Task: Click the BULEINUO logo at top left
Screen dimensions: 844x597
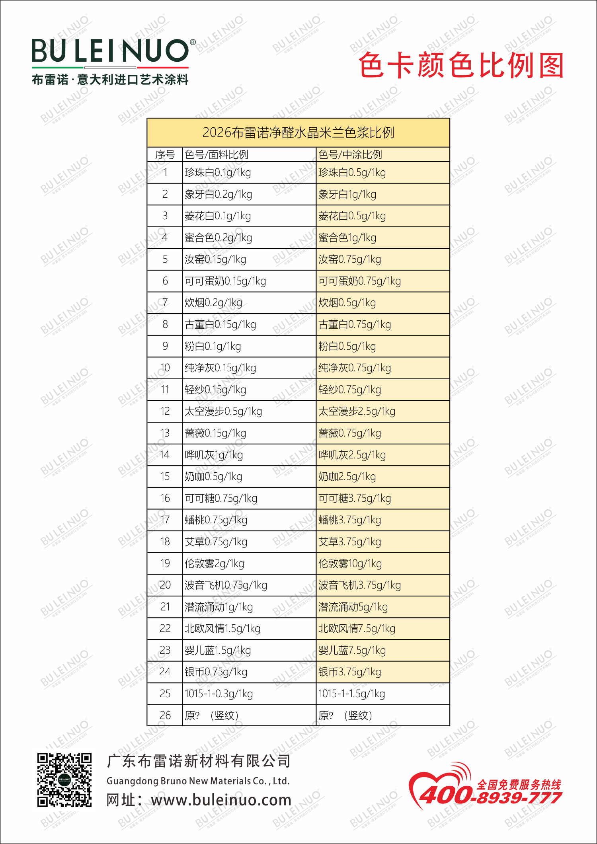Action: [x=110, y=51]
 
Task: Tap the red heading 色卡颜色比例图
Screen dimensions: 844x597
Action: [x=461, y=66]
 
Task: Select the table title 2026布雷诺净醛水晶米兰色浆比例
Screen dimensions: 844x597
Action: [x=298, y=133]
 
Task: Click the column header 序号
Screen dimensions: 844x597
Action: [x=165, y=154]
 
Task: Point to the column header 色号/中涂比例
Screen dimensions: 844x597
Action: [x=350, y=154]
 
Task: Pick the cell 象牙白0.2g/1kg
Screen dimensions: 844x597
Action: [x=218, y=194]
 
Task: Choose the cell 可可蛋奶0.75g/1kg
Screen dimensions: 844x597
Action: [x=359, y=281]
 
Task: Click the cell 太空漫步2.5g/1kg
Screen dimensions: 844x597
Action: [x=357, y=411]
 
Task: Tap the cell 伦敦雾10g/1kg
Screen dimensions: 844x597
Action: [x=350, y=563]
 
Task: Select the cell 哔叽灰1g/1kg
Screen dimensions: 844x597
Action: [x=214, y=455]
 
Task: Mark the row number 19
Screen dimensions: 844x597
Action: [x=165, y=563]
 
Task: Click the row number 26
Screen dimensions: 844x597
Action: [x=165, y=715]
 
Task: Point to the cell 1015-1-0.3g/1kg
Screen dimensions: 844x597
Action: [x=219, y=694]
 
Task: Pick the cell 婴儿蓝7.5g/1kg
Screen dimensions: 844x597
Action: [x=352, y=650]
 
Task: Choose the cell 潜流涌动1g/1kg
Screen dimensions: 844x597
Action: [x=219, y=607]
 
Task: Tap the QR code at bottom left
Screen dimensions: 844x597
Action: [x=64, y=780]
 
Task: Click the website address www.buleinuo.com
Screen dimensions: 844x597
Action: [x=221, y=800]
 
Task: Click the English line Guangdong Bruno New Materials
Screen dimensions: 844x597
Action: [x=198, y=781]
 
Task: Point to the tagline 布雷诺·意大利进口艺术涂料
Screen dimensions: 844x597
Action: [x=110, y=80]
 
